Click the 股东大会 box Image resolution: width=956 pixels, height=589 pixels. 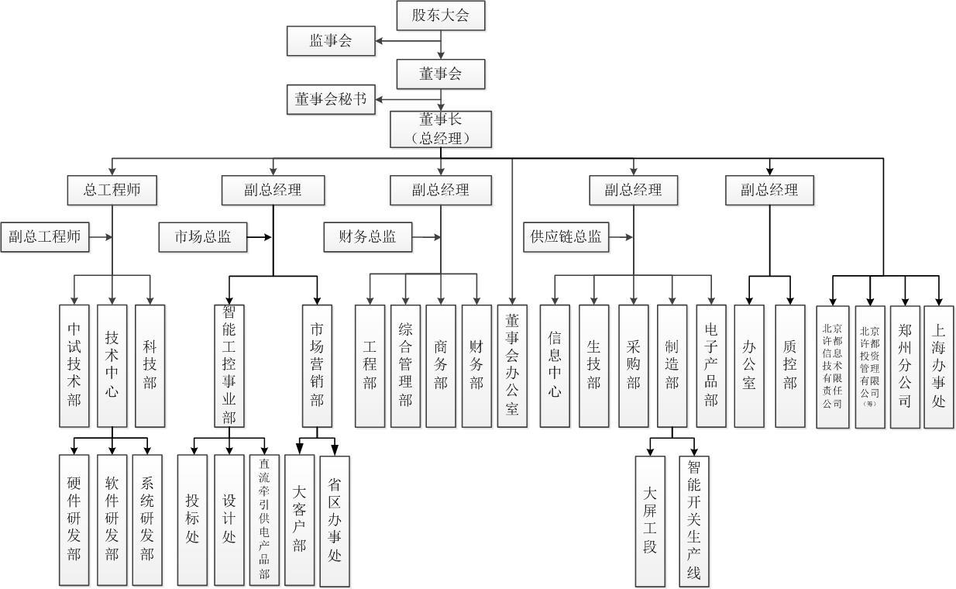coord(441,15)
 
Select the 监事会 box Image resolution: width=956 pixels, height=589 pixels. coord(331,41)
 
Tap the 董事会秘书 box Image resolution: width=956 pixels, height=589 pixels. coord(331,99)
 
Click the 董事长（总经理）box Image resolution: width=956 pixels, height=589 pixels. coord(441,129)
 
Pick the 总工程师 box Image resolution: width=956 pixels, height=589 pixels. coord(112,190)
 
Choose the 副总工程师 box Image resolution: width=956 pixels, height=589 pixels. coord(45,237)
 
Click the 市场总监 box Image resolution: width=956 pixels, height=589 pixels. coord(203,237)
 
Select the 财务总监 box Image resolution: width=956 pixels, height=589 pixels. coord(367,237)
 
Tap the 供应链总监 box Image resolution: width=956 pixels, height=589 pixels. coord(566,237)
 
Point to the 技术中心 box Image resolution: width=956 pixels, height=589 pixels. coord(112,365)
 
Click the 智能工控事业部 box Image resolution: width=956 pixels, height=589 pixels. coord(229,365)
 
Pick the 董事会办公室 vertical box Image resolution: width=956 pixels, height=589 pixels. coord(512,365)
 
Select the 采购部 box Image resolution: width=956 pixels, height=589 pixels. coord(634,365)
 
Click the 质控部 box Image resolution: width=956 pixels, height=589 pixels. coord(789,365)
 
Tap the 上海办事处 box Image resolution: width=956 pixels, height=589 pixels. coord(939,365)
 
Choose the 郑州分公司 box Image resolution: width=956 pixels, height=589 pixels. coord(905,365)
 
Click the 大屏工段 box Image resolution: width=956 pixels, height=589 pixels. coord(650,520)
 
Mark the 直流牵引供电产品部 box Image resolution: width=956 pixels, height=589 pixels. coord(264,520)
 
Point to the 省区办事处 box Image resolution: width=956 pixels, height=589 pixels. coord(335,520)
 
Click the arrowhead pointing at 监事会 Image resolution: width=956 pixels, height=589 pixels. coord(380,41)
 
